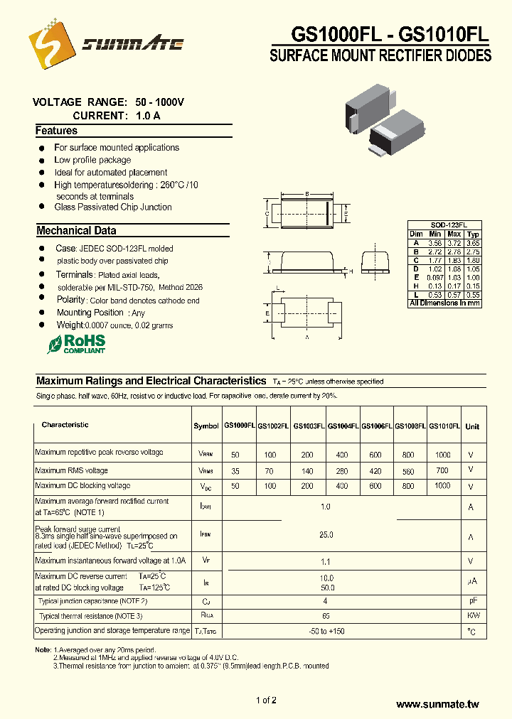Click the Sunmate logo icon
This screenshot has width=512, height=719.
pyautogui.click(x=50, y=44)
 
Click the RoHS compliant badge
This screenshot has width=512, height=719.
pyautogui.click(x=76, y=344)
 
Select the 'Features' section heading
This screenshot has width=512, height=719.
pyautogui.click(x=56, y=131)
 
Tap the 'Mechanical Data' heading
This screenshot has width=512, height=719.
pyautogui.click(x=76, y=231)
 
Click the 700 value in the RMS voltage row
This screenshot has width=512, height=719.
pyautogui.click(x=442, y=470)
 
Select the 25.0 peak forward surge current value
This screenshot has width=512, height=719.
pyautogui.click(x=326, y=534)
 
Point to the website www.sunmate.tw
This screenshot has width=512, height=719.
pyautogui.click(x=437, y=704)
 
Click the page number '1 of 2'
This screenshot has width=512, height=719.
pyautogui.click(x=266, y=701)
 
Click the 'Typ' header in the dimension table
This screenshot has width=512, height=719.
pyautogui.click(x=473, y=234)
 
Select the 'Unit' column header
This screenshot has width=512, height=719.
pyautogui.click(x=472, y=426)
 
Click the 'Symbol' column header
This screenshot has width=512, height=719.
pyautogui.click(x=206, y=426)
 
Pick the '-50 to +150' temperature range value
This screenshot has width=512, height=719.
pyautogui.click(x=326, y=632)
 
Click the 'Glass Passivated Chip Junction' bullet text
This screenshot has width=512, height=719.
pyautogui.click(x=113, y=207)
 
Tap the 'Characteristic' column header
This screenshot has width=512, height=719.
pyautogui.click(x=65, y=425)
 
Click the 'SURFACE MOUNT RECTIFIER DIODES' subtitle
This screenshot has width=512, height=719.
pyautogui.click(x=380, y=55)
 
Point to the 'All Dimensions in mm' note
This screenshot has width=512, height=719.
pyautogui.click(x=445, y=303)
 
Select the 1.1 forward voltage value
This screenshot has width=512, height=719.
pyautogui.click(x=326, y=561)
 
